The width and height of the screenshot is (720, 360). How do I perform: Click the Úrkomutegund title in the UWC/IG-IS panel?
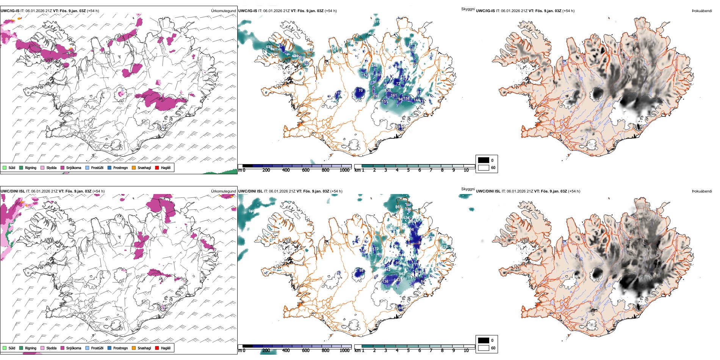(223, 11)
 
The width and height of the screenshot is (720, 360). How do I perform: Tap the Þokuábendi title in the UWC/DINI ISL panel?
(701, 191)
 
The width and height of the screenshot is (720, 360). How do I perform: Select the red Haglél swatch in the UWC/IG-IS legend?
(157, 168)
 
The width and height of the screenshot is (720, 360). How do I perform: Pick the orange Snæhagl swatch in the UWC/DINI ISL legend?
(134, 348)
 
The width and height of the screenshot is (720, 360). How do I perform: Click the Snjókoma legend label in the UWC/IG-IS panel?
(74, 168)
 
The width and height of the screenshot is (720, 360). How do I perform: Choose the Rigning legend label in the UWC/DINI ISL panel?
(31, 348)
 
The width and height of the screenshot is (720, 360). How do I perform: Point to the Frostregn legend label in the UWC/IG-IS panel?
(121, 168)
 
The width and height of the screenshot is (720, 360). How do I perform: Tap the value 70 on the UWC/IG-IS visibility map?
(361, 91)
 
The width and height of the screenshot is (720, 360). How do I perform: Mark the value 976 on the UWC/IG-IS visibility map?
(377, 22)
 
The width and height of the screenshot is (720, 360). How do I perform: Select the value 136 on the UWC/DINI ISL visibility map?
(385, 282)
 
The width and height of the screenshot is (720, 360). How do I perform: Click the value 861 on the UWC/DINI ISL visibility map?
(398, 207)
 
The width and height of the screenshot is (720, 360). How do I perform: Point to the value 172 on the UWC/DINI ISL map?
(376, 249)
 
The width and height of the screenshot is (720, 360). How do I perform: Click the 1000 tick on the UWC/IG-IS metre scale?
(344, 171)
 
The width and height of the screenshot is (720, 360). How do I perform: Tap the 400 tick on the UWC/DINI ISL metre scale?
(286, 351)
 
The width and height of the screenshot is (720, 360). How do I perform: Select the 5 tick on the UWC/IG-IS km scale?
(408, 171)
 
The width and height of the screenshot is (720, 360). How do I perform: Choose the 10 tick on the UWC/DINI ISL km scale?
(466, 351)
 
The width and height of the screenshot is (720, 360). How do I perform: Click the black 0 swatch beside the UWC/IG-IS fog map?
(484, 160)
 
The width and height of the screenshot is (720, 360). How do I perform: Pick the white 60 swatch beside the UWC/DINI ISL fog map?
(484, 348)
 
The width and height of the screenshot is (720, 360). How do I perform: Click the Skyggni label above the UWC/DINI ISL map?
(468, 189)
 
